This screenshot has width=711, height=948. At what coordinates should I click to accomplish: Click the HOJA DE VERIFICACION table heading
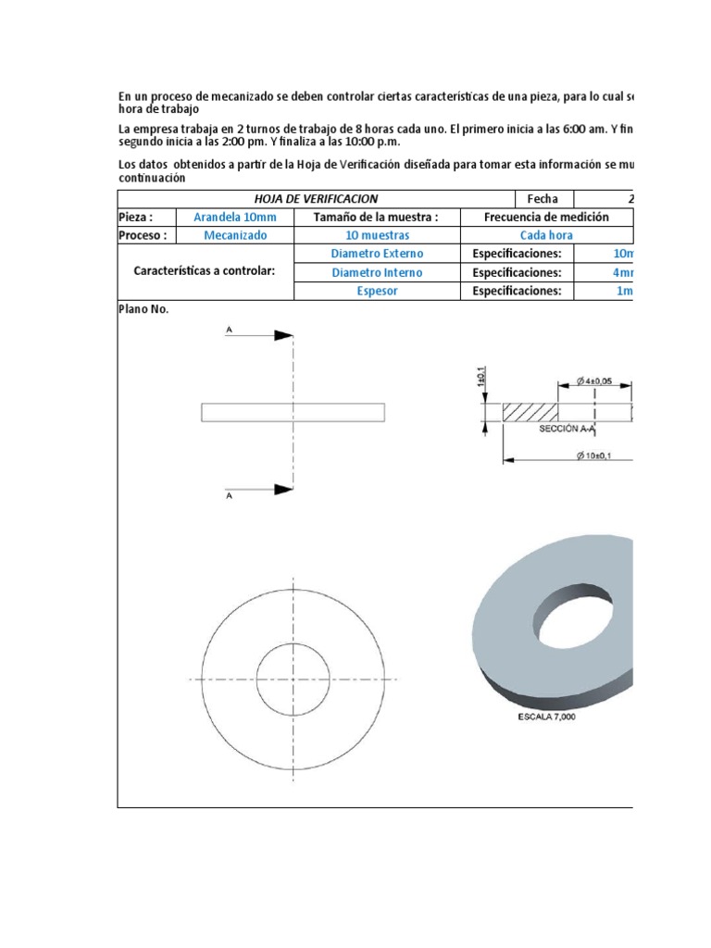click(316, 199)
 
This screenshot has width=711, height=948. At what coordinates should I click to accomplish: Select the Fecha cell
click(543, 199)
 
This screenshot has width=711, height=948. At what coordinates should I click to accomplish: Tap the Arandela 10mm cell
click(233, 217)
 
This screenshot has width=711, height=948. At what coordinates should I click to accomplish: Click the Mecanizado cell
click(235, 235)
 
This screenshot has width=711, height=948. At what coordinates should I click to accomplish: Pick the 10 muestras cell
click(376, 235)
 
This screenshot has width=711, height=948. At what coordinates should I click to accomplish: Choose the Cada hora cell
click(546, 235)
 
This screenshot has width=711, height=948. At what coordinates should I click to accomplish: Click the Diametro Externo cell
click(376, 254)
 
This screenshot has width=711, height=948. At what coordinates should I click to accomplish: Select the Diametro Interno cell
click(376, 272)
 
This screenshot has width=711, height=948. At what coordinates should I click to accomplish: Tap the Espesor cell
click(376, 291)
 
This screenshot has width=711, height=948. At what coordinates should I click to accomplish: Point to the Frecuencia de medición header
click(546, 217)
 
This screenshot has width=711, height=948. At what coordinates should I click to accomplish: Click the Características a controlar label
click(205, 272)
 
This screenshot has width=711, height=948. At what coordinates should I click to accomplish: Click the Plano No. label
click(143, 309)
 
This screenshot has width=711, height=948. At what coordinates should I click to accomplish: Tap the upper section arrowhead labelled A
click(283, 335)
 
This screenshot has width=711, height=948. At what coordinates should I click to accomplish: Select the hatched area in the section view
click(530, 411)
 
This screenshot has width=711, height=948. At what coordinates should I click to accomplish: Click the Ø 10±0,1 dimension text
click(592, 454)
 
